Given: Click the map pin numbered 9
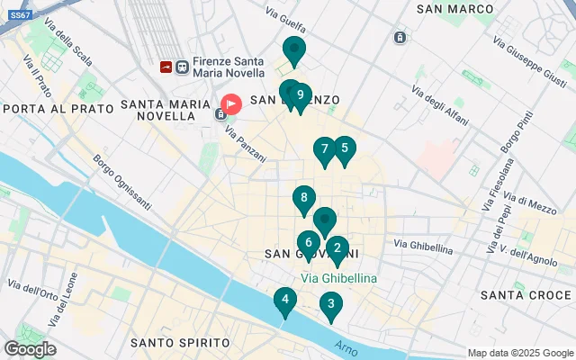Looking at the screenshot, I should (x=301, y=96).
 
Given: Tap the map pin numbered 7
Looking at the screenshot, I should (x=324, y=150).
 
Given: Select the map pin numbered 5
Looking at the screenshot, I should (x=344, y=149).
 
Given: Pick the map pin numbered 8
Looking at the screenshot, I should (x=304, y=199).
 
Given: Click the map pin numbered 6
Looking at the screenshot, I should (x=309, y=243).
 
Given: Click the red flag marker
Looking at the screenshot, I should (x=231, y=104).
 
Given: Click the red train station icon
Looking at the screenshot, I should (x=166, y=67).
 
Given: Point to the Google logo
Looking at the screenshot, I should (x=30, y=349).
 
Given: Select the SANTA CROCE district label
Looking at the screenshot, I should (x=520, y=295).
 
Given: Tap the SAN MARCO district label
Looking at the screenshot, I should (x=455, y=9).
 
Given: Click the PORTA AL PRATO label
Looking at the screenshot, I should (x=58, y=108).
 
